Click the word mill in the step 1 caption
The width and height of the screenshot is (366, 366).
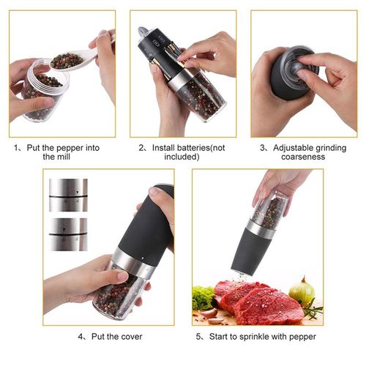pos(72,157)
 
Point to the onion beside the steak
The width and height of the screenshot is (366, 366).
pos(302,291)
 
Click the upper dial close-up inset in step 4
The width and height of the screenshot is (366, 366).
pos(68,195)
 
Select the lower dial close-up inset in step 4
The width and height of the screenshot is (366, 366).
pos(68,234)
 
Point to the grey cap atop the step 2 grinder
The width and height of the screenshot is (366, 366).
pos(143,32)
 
